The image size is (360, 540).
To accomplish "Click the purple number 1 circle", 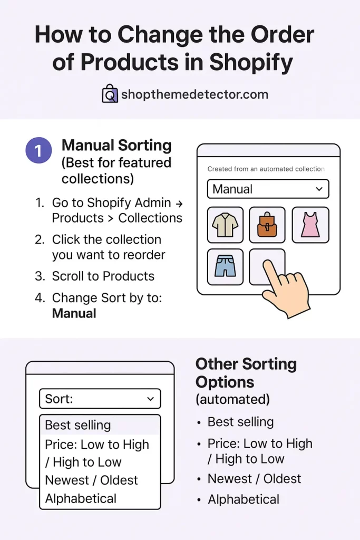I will (38, 151).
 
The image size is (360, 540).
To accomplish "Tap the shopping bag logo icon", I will (110, 94).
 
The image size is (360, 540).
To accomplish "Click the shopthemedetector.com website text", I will (194, 95).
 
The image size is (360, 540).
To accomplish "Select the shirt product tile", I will (225, 225).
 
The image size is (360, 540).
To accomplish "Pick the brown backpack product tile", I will (267, 225).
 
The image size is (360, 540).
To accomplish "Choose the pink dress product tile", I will (310, 225).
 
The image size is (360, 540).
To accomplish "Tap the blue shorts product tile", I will (225, 266).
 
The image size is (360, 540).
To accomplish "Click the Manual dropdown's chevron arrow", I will (318, 189).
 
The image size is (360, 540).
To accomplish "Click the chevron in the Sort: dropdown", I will (150, 399).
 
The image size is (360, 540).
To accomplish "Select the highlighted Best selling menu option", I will (78, 425).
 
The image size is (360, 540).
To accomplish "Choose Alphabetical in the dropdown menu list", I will (81, 498).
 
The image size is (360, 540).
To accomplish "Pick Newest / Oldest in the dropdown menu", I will (91, 480).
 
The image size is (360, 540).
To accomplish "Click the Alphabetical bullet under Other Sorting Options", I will (244, 499).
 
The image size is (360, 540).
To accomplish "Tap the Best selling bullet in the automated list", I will (240, 422).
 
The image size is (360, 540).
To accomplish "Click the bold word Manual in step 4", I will (74, 313).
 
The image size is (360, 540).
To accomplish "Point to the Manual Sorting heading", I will (116, 145).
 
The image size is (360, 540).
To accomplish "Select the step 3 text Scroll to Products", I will (103, 276).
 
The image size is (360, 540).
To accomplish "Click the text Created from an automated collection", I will (266, 169).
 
